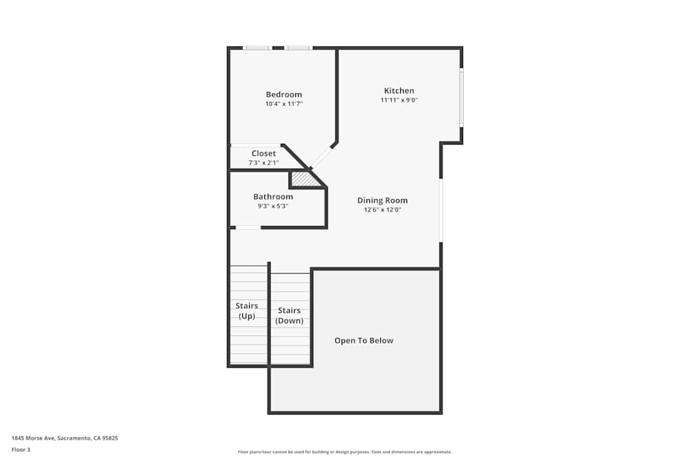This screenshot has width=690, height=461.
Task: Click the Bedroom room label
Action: [284, 94]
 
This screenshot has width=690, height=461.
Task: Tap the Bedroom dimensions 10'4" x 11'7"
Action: [284, 104]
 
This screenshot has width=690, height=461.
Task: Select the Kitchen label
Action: [399, 91]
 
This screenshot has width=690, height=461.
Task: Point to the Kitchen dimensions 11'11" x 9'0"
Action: [399, 100]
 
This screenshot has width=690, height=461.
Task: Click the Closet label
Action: [264, 153]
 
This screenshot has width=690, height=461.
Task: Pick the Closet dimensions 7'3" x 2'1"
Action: [264, 162]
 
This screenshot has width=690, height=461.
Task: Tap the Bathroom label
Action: [273, 196]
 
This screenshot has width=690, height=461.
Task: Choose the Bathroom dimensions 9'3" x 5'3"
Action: [273, 206]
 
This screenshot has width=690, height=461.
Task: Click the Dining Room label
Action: [382, 200]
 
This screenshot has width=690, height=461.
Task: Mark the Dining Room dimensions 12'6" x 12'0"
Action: [382, 210]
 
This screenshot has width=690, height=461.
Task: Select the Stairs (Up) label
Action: [247, 311]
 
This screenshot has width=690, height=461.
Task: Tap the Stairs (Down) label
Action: [289, 316]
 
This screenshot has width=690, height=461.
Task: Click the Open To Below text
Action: [364, 340]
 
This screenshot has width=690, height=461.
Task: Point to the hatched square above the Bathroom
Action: [303, 179]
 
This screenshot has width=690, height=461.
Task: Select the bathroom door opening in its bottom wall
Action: [248, 228]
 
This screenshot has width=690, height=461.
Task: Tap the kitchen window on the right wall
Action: [461, 97]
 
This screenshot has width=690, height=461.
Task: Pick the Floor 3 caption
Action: [21, 449]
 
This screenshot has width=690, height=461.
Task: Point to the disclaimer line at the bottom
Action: [344, 452]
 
